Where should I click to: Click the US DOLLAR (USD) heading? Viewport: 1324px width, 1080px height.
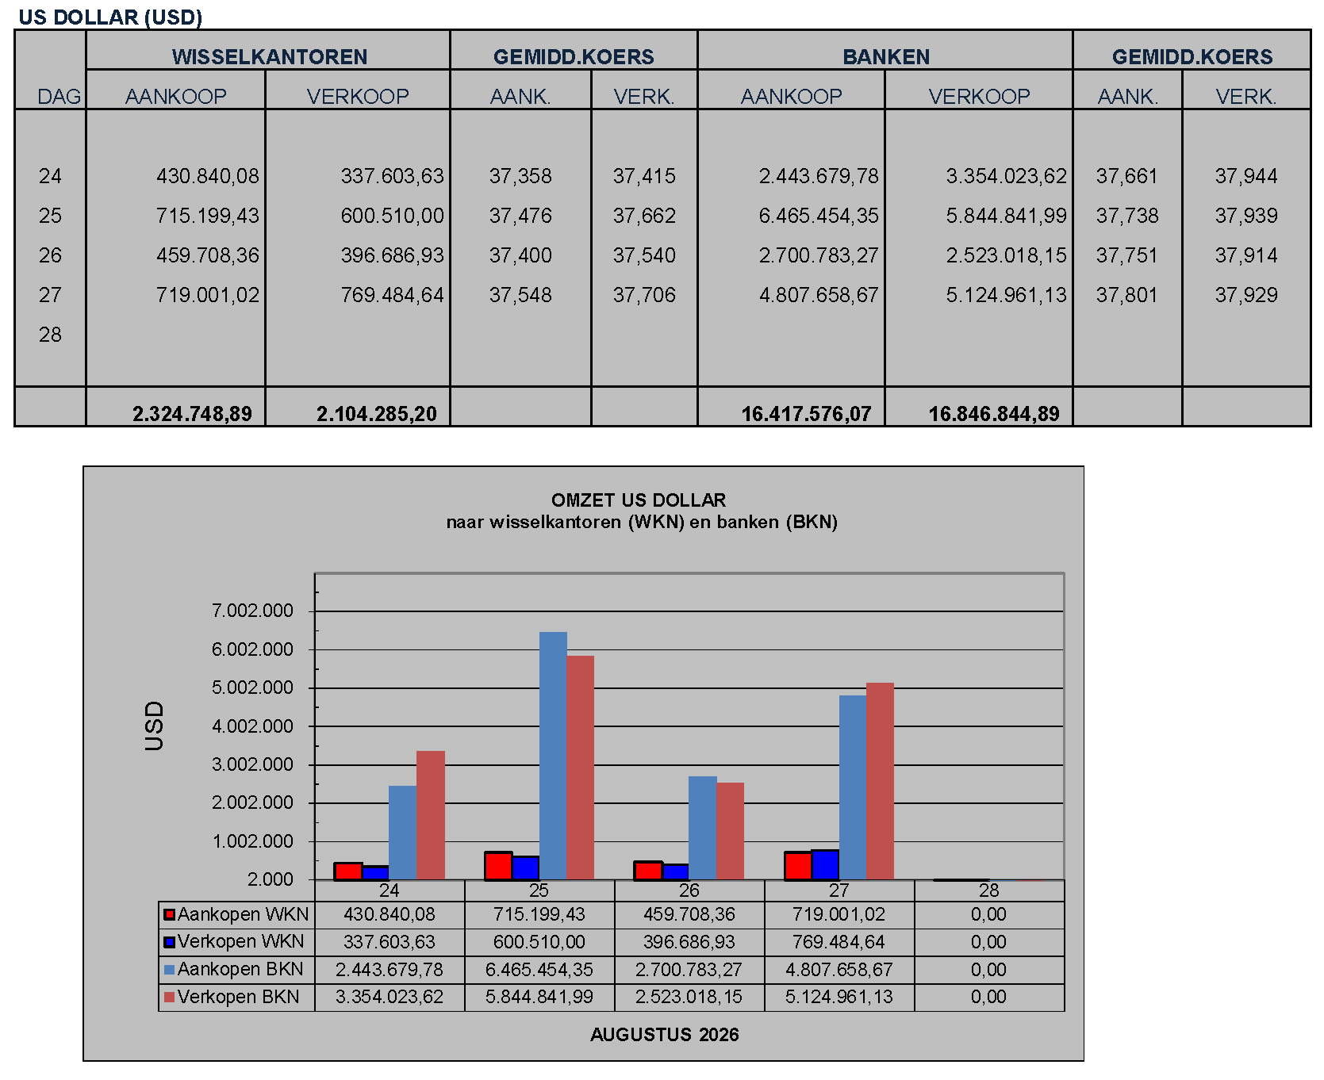110,17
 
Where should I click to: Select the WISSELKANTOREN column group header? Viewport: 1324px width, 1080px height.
270,57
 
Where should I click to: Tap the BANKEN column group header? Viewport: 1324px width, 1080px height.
886,57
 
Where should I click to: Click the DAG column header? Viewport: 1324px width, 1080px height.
59,97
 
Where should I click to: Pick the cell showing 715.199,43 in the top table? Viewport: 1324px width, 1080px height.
208,216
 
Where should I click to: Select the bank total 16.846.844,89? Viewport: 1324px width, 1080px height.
994,414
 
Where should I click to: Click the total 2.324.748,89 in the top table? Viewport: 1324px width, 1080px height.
192,414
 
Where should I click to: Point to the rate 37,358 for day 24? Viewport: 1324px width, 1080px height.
520,176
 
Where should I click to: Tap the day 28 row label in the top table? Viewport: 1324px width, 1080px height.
50,335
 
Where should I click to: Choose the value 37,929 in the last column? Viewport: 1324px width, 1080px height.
1246,295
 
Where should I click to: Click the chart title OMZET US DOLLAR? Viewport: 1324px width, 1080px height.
639,500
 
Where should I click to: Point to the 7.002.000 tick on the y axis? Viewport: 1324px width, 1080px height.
252,611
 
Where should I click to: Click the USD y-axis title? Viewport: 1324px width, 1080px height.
154,726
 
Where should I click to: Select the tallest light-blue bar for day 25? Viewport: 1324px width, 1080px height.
553,756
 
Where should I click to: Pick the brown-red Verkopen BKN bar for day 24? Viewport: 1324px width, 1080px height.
431,815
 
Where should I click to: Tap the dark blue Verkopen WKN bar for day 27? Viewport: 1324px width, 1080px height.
825,865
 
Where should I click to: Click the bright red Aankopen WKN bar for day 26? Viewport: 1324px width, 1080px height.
648,871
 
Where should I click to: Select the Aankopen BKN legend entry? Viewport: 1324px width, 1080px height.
234,969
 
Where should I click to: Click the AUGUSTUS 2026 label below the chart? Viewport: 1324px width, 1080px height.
665,1035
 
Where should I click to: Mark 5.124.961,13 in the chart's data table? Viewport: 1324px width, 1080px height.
839,997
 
